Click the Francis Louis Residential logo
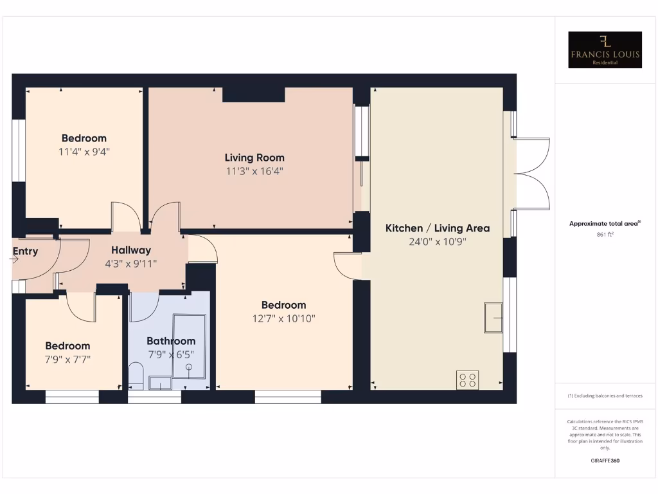point(605,50)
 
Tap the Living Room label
point(254,158)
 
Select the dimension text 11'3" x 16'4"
point(254,171)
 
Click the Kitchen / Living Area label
point(438,228)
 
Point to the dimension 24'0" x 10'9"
point(438,242)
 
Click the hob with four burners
point(467,380)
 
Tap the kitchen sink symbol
point(493,317)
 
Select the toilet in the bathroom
point(136,375)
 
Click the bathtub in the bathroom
point(190,346)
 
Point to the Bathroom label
point(171,341)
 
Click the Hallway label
point(131,250)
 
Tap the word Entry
point(26,252)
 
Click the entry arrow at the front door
point(15,260)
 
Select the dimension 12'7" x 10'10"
point(283,318)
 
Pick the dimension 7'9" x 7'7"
point(67,359)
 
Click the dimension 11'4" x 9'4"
point(84,152)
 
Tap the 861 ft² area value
point(605,235)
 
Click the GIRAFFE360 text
point(605,461)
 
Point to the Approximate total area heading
point(604,223)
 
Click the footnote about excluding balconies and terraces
point(605,396)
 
